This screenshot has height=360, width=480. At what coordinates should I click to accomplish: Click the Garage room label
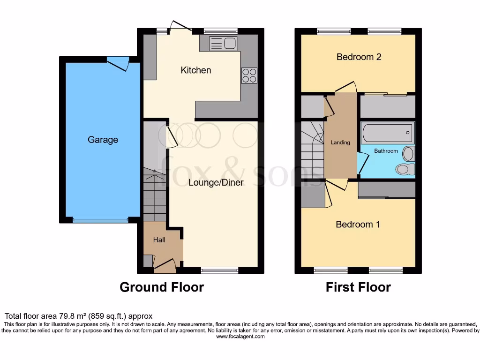(x=103, y=140)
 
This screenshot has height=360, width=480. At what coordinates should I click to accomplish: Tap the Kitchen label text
(x=196, y=70)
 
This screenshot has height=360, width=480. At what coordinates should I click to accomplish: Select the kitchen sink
(x=223, y=44)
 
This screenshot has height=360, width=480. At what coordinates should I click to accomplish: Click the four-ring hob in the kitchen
(x=249, y=75)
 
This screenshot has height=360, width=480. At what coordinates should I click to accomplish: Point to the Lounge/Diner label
(x=216, y=182)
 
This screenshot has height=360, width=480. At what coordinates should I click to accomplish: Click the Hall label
(x=159, y=240)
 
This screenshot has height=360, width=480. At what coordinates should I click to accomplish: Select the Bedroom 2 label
(x=359, y=57)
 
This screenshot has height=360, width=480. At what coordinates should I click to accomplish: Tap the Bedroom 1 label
(x=358, y=225)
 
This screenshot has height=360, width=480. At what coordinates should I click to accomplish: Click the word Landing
(x=340, y=142)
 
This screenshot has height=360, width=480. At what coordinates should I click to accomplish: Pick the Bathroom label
(x=386, y=151)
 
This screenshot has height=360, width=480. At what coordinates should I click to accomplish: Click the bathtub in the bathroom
(x=387, y=133)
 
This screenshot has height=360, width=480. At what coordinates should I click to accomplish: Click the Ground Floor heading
(x=162, y=287)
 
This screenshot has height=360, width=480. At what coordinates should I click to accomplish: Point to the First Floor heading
(x=358, y=287)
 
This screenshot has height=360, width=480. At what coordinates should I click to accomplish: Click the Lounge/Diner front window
(x=219, y=270)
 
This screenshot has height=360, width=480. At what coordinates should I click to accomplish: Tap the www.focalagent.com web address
(x=240, y=337)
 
